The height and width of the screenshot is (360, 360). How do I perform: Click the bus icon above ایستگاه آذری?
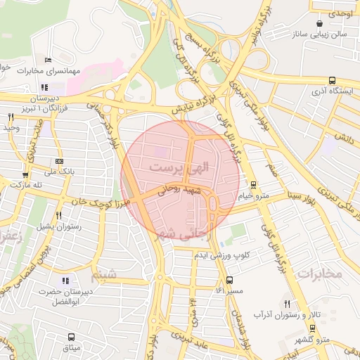pyautogui.click(x=331, y=81)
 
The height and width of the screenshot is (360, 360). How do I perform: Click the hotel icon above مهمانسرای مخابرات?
pyautogui.click(x=48, y=60)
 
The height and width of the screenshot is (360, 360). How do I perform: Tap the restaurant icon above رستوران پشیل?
pyautogui.click(x=59, y=216)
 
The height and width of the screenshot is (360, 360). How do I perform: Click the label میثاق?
pyautogui.click(x=72, y=347)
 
